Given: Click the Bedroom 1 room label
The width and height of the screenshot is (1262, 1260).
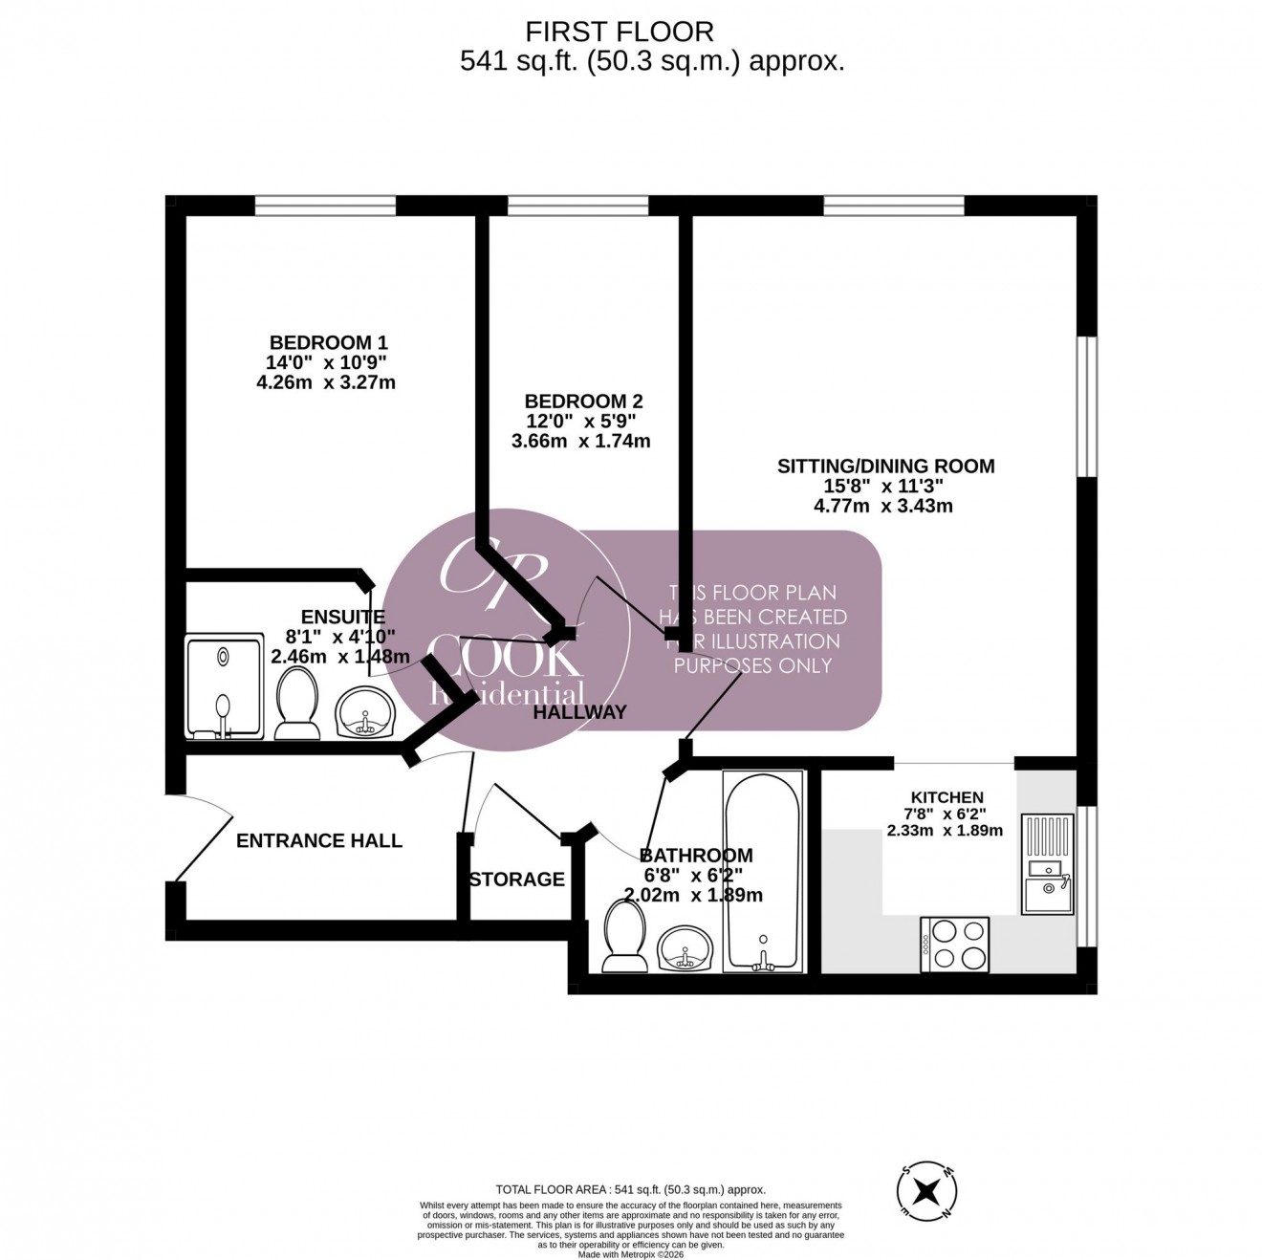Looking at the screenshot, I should pos(328,342).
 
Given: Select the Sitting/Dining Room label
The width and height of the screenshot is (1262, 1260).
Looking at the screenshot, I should pos(885,467).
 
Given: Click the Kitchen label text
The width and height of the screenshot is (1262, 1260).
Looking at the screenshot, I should pos(946,797).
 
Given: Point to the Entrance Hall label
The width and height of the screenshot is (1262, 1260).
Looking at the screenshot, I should pos(319,840).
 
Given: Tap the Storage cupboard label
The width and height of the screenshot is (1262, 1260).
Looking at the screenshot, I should pos(516,880).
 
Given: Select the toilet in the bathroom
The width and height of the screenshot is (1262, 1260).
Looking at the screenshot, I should pos(626,933).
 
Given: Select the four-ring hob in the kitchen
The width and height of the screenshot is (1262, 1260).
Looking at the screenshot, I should pos(954,945).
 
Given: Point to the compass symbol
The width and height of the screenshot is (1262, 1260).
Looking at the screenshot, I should pos(926,1191).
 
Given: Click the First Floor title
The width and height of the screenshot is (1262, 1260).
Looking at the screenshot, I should pos(620,32).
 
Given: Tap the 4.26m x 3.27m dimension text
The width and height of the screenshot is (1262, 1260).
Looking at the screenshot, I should pos(326,382).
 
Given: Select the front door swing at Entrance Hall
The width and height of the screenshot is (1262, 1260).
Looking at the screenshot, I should pos(203,835).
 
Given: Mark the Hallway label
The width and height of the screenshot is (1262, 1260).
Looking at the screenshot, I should pos(579,712).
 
